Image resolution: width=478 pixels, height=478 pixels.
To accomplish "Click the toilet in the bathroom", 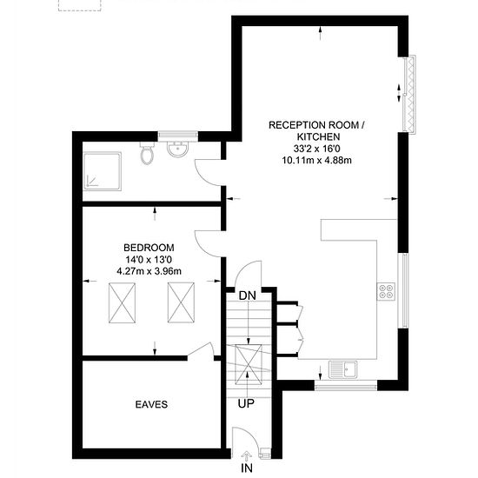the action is (x=147, y=152).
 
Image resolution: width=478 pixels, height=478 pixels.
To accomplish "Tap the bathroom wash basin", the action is (x=177, y=149).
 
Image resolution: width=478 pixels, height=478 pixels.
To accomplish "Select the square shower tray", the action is (x=103, y=171).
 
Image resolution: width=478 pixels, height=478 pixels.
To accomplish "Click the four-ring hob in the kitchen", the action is (x=386, y=291).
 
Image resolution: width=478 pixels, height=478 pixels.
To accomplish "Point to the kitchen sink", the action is (x=343, y=369).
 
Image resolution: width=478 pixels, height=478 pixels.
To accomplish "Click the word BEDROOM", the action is (x=149, y=248).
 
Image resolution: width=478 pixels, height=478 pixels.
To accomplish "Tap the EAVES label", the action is (x=151, y=404).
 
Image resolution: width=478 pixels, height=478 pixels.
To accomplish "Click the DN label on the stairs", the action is (x=247, y=295).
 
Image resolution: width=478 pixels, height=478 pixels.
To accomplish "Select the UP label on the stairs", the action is (x=246, y=403).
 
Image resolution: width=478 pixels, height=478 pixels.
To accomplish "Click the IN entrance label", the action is (x=247, y=468).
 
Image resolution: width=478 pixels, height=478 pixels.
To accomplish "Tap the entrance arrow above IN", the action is (x=246, y=456).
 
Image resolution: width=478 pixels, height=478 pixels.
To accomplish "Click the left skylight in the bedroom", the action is (x=122, y=302).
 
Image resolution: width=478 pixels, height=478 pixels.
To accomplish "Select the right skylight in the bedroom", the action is (x=181, y=302).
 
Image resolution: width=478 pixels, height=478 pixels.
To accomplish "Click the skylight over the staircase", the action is (x=249, y=365).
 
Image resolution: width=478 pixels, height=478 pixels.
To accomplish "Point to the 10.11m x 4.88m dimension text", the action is (x=316, y=161).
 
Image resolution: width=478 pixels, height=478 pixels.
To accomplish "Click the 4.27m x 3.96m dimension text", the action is (x=149, y=271).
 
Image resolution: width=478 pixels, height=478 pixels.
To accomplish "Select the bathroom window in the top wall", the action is (x=178, y=136).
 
